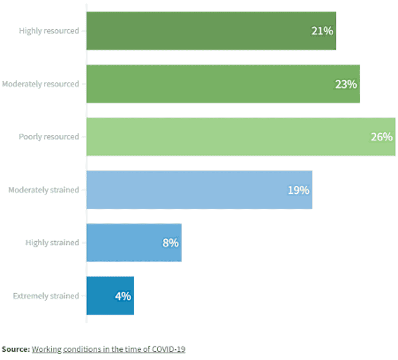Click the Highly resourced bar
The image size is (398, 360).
[x=211, y=31]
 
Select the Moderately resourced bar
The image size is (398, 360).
[x=223, y=84]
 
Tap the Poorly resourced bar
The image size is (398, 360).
[x=240, y=136]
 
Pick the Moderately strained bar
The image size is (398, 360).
[x=199, y=190]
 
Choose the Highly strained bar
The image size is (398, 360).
[x=134, y=243]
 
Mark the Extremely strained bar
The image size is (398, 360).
[x=110, y=296]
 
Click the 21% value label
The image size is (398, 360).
[x=322, y=31]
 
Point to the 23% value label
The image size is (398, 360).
[x=345, y=84]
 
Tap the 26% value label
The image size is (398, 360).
[x=382, y=137]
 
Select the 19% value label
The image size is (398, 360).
[x=298, y=190]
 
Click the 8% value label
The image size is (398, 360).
[x=170, y=243]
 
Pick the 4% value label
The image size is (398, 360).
[x=123, y=296]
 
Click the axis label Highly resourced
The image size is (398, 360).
[x=49, y=31]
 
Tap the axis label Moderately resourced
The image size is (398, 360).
[x=40, y=84]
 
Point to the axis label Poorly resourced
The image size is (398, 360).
[x=49, y=137]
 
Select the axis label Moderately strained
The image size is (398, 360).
[x=44, y=190]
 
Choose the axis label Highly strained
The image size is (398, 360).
[x=52, y=243]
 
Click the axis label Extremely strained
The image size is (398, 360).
[x=46, y=296]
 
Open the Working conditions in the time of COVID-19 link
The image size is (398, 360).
[x=108, y=349]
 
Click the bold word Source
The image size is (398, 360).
[x=15, y=349]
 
